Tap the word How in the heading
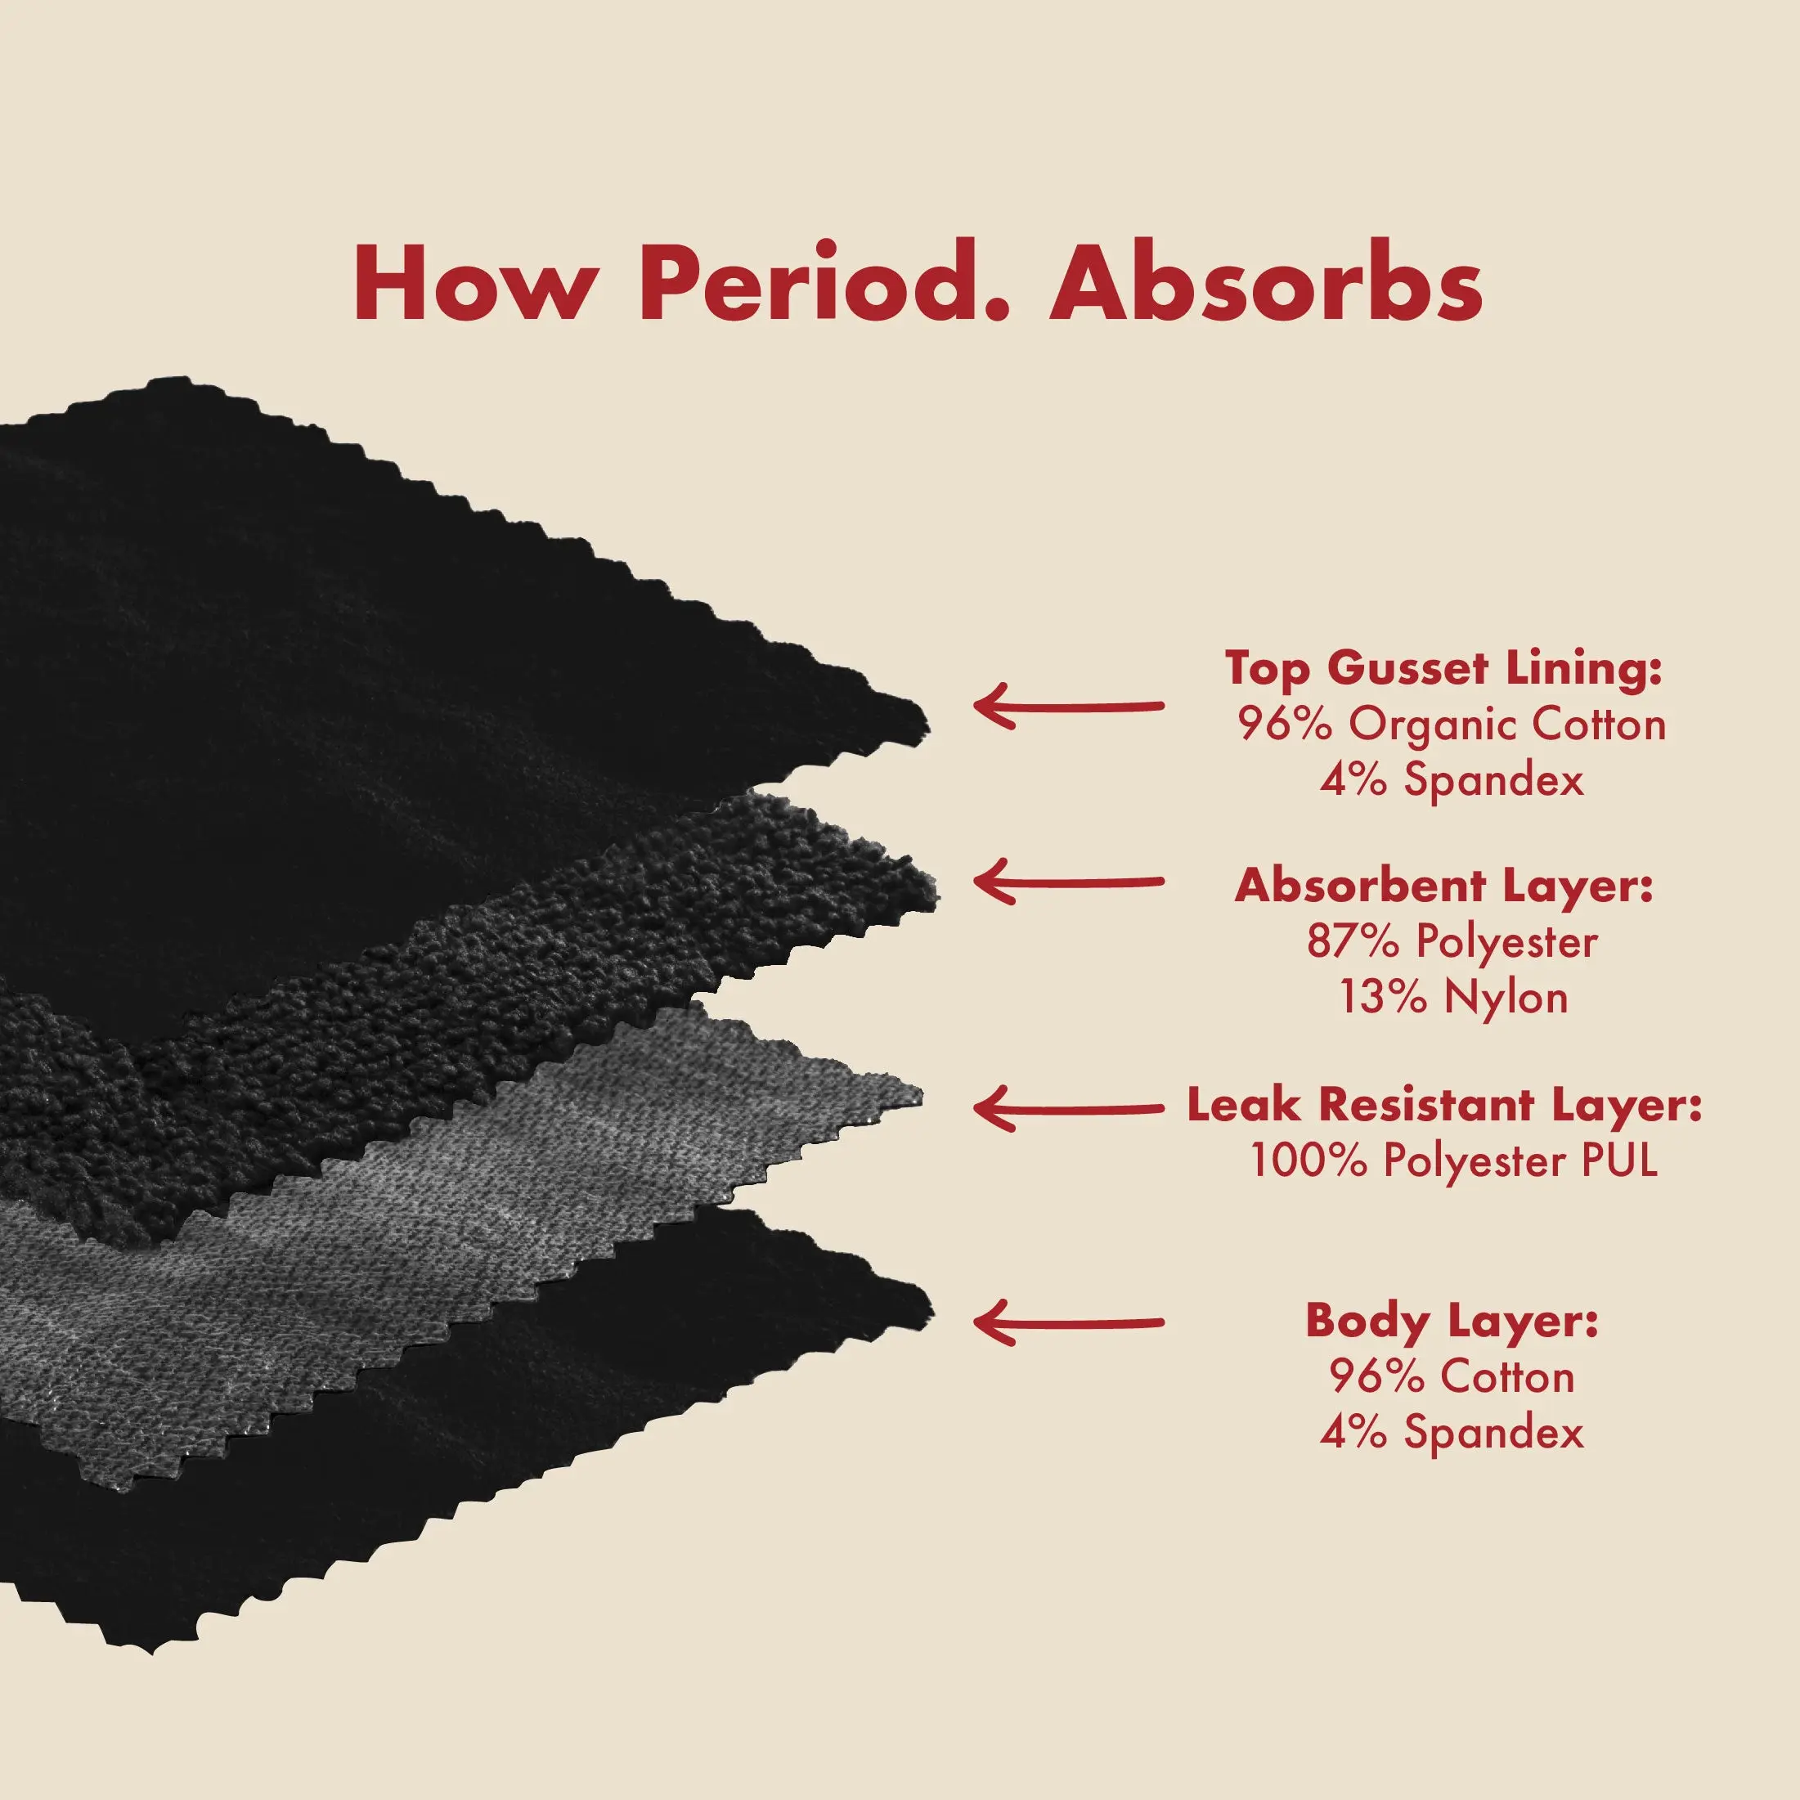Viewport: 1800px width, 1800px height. click(470, 283)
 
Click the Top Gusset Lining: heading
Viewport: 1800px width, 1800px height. click(1443, 671)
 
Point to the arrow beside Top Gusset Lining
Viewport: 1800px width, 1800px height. click(1069, 705)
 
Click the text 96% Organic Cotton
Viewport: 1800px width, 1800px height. click(1452, 725)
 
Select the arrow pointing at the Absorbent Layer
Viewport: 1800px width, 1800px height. click(1069, 881)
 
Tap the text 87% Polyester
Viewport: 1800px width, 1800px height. click(1452, 942)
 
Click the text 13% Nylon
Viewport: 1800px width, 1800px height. click(1453, 997)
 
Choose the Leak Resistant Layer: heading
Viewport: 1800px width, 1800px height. click(1444, 1106)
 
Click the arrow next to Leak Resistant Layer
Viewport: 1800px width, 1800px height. click(1069, 1108)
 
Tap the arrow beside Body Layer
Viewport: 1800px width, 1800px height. click(1069, 1322)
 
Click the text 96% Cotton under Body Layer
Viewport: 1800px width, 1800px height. click(1452, 1377)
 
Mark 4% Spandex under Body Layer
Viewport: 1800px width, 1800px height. click(1452, 1432)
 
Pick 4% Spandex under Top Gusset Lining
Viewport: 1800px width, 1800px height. click(1452, 780)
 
